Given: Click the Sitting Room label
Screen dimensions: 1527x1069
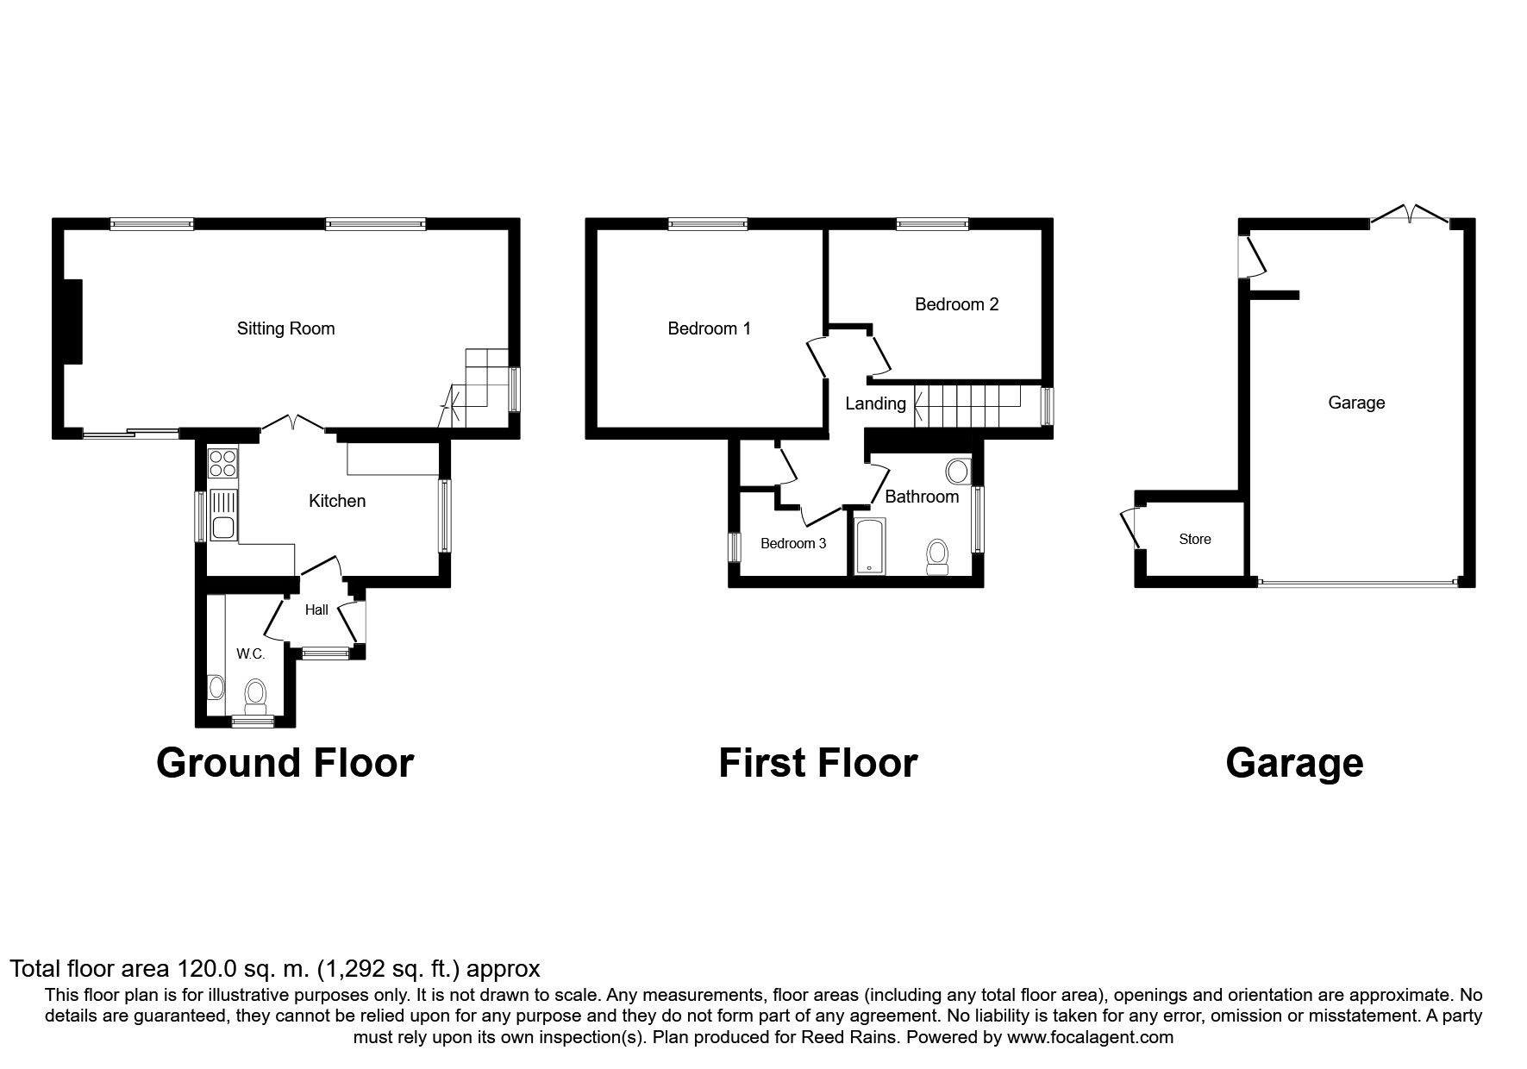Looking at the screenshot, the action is (x=285, y=328).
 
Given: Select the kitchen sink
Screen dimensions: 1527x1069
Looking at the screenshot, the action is (x=223, y=515).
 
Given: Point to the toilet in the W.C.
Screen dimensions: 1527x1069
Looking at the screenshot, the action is (x=255, y=698).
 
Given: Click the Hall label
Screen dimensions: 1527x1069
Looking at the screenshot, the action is (x=316, y=610).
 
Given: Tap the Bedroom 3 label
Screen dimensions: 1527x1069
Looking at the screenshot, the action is (x=793, y=543).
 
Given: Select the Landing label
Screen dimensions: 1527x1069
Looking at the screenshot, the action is (x=875, y=403).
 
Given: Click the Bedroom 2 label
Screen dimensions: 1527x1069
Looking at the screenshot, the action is (x=956, y=304).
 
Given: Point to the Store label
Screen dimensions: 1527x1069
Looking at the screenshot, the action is (x=1195, y=539).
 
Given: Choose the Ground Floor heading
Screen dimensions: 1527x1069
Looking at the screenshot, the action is (x=285, y=763).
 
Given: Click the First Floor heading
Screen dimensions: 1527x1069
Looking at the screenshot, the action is (x=817, y=763).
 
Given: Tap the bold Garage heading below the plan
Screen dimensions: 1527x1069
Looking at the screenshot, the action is (x=1294, y=764).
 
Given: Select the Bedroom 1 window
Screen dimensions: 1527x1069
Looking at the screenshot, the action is (x=708, y=224).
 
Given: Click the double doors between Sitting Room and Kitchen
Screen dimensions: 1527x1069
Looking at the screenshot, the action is (x=292, y=423).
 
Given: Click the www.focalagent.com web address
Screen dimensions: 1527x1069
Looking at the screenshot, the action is (x=1090, y=1037).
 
